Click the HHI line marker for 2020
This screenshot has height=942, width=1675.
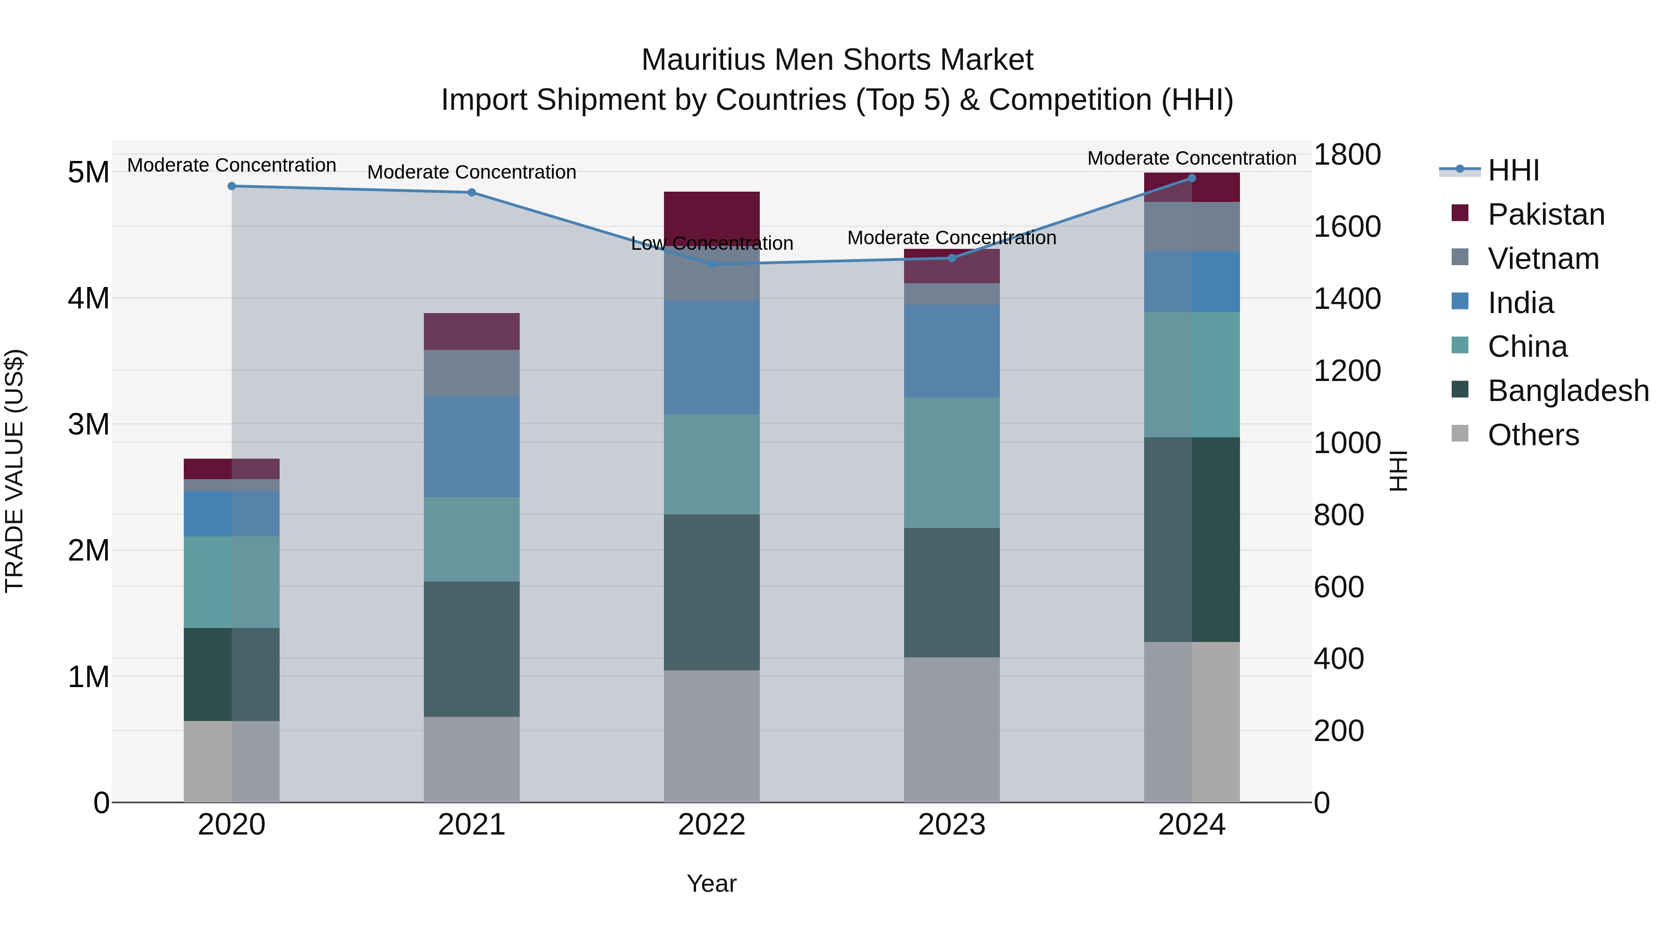pos(232,186)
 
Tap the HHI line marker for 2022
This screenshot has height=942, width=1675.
pos(711,264)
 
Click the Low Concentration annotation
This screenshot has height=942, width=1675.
pos(711,244)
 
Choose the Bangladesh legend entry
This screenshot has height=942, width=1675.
pos(1567,391)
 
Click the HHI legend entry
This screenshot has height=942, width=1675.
pos(1513,170)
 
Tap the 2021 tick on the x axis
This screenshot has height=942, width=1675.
pos(471,825)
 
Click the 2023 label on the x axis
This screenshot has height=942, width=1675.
pos(951,825)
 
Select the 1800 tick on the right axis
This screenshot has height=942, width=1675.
pos(1347,155)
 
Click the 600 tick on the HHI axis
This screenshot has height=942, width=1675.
pos(1338,587)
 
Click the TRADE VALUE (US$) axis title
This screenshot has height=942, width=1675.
pos(14,471)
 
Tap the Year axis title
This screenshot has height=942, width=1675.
pos(711,883)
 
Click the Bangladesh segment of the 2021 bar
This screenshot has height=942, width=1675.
pos(471,649)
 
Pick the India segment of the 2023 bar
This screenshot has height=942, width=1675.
pos(951,351)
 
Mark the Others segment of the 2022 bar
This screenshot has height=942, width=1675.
pos(711,736)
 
